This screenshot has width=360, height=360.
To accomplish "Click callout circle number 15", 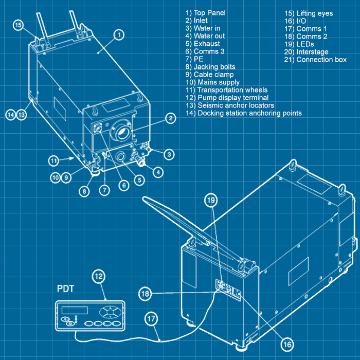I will pyautogui.click(x=19, y=25).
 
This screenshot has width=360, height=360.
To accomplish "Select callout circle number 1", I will pyautogui.click(x=119, y=35).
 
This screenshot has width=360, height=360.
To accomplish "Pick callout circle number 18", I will pyautogui.click(x=145, y=293).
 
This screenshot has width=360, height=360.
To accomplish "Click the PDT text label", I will pyautogui.click(x=65, y=289).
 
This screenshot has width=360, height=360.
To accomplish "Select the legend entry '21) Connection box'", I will pyautogui.click(x=315, y=60).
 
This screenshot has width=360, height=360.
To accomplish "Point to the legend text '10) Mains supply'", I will pyautogui.click(x=212, y=82).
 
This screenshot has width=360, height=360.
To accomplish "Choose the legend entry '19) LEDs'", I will pyautogui.click(x=299, y=44).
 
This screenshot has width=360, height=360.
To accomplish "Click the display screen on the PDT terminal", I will pyautogui.click(x=74, y=311).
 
